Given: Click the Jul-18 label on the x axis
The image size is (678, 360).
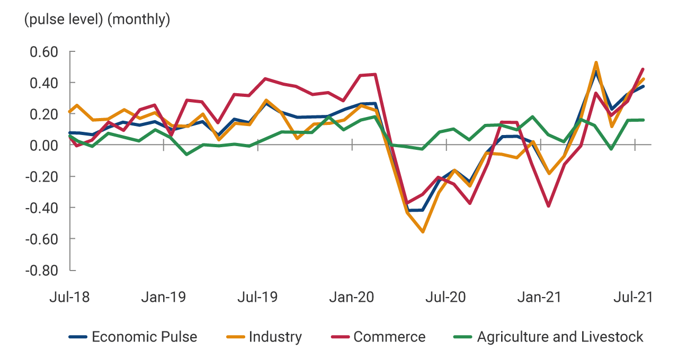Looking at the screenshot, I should pos(69,297).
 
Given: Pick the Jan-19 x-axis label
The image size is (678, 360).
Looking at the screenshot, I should pos(163,297).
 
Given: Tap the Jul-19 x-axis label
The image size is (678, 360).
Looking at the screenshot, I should pos(257,297).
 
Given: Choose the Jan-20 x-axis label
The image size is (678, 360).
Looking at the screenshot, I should pos(352,297).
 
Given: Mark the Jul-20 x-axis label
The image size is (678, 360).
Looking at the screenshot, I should pos(446,297).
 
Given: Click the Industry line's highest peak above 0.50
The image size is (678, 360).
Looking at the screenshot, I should pos(596,62).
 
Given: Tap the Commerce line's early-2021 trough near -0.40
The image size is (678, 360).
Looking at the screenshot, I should pos(549,206).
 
